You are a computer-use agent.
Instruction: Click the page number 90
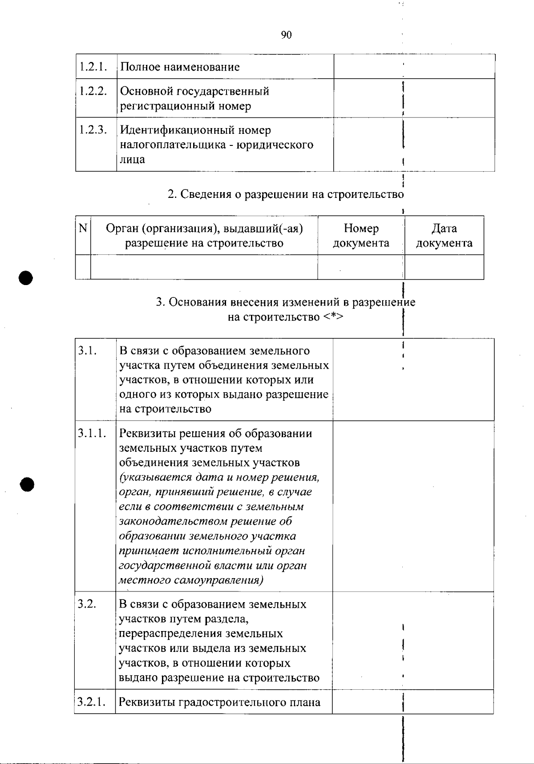point(286,35)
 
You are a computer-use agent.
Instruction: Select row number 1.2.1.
point(93,67)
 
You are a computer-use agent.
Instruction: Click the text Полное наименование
point(180,67)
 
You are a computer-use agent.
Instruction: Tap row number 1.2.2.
point(93,91)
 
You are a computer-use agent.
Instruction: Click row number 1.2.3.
point(93,130)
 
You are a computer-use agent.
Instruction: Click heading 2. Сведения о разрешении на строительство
point(285,195)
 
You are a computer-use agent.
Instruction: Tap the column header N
point(83,229)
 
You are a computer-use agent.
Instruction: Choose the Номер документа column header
point(361,236)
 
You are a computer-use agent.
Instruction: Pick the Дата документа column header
point(444,236)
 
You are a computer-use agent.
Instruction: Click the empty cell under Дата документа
point(444,267)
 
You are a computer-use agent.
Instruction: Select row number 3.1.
point(88,351)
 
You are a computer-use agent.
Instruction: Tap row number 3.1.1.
point(93,434)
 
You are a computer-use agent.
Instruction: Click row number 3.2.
point(88,604)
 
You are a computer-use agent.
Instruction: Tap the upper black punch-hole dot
point(26,277)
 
